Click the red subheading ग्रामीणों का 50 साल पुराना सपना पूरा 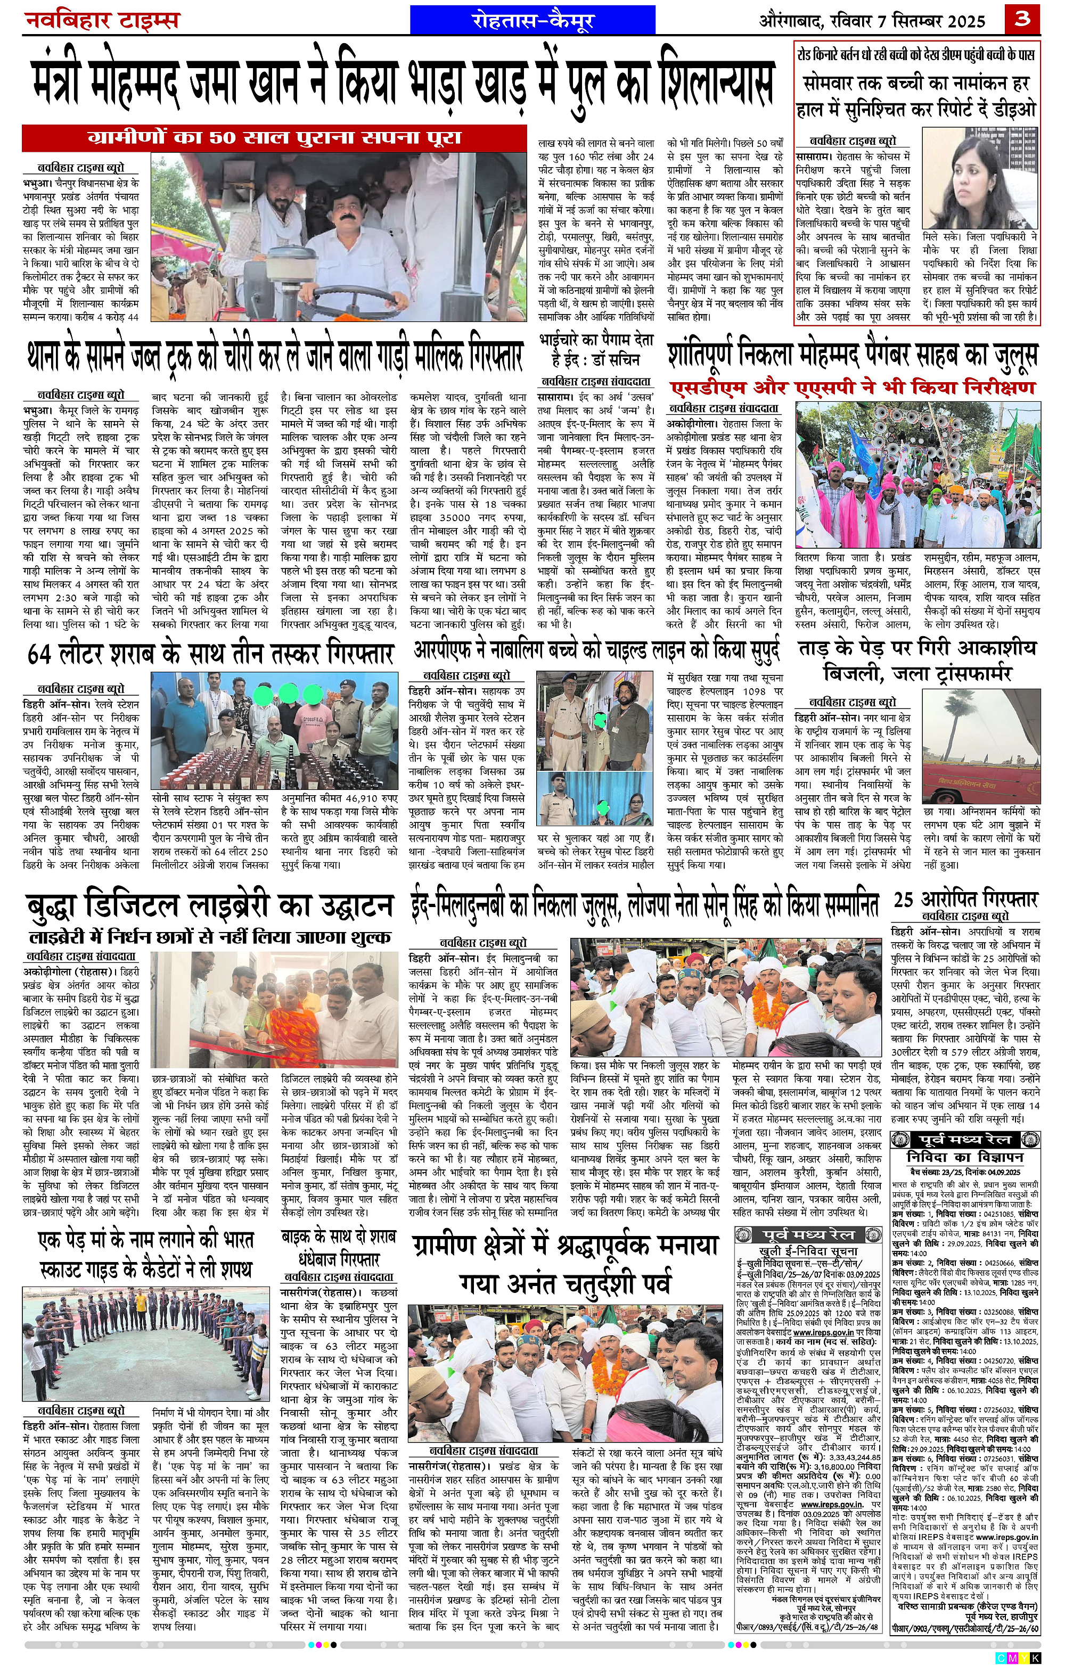[x=275, y=137]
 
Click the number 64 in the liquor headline [x=44, y=654]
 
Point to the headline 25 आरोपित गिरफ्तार [x=965, y=900]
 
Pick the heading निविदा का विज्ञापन [x=965, y=1156]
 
